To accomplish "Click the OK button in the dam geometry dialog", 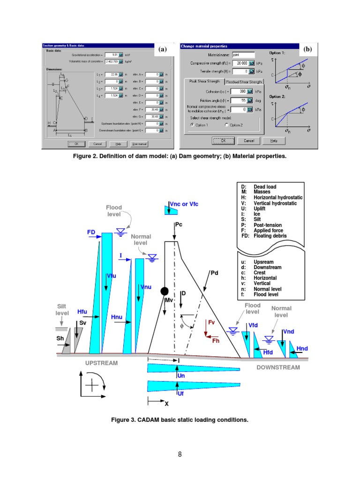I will point(76,144).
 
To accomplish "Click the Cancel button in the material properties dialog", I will point(248,141).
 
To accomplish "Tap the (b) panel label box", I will point(307,48).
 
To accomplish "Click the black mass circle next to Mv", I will point(165,291).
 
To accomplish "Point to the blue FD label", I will point(91,232).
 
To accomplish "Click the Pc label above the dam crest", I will point(179,225).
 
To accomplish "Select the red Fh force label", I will point(216,341).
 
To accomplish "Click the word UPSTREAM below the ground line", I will point(102,363).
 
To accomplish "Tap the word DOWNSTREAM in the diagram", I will point(278,367).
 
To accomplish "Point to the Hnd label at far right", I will point(302,348).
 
